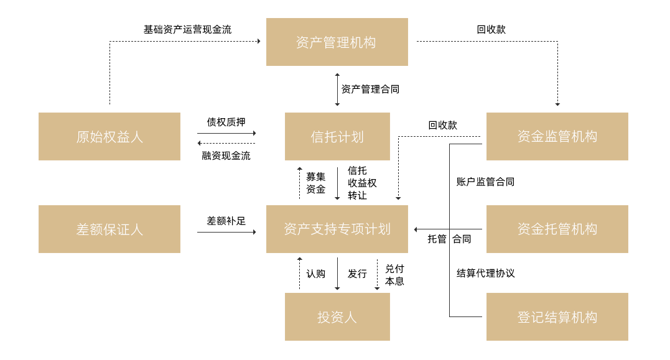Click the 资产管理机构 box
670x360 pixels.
(x=337, y=42)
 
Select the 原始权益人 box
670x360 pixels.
(x=109, y=137)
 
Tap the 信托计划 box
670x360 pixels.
(x=337, y=137)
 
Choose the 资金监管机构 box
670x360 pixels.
(x=557, y=137)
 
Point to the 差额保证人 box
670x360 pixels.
(x=109, y=229)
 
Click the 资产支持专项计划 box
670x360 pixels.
(x=337, y=229)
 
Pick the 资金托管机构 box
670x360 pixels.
(x=557, y=229)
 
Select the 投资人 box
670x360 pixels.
(x=337, y=317)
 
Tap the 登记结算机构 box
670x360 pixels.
(x=557, y=317)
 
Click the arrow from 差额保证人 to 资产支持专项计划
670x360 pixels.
(x=226, y=232)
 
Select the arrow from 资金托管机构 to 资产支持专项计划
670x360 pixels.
(x=448, y=229)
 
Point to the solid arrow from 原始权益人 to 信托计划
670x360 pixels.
(x=226, y=133)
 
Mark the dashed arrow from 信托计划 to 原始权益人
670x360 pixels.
(x=226, y=144)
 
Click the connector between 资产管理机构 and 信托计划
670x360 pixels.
(x=337, y=89)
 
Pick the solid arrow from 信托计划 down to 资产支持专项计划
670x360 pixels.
(x=337, y=183)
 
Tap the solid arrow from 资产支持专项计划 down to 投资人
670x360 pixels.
(x=337, y=274)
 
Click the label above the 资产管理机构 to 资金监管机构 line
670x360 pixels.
(x=491, y=29)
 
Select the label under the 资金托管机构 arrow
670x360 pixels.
(x=449, y=239)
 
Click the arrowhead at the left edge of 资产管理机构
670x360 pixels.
(x=259, y=41)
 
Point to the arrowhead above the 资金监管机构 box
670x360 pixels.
(x=557, y=104)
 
